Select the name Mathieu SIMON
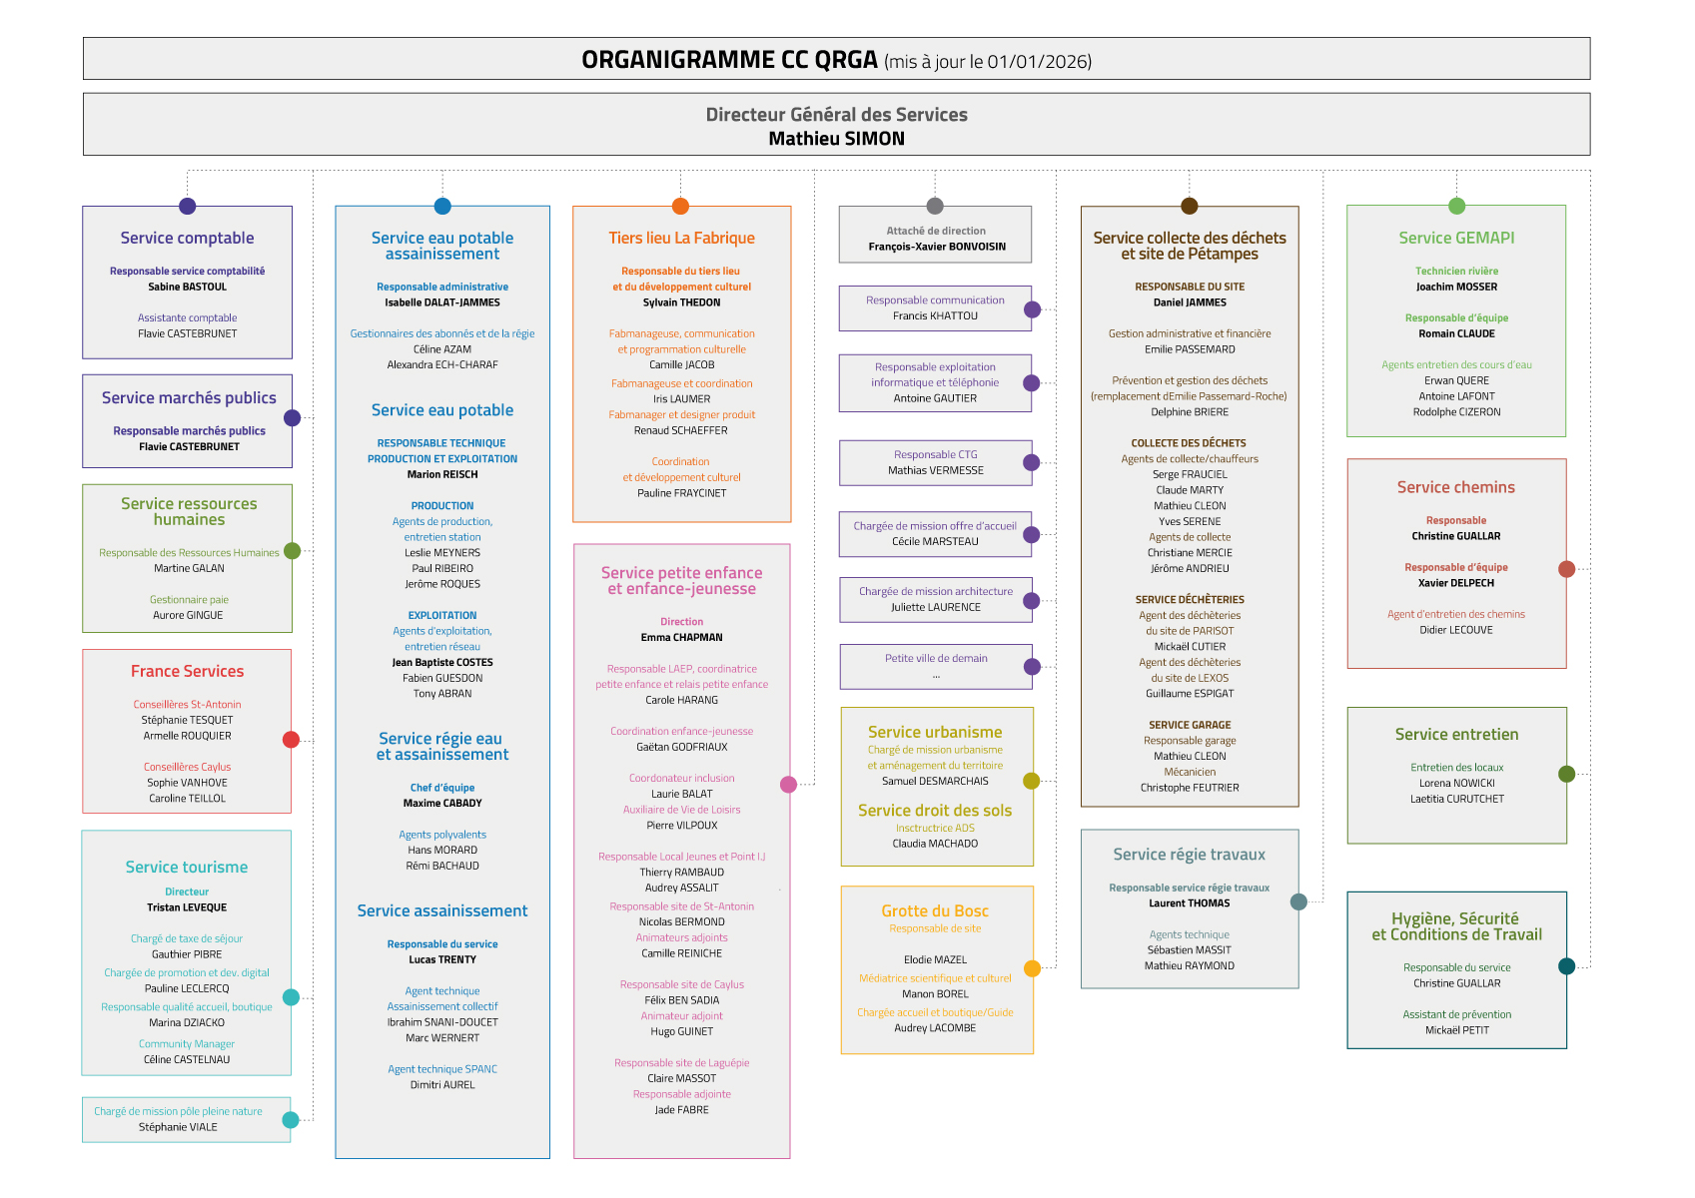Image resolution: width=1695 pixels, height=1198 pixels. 836,139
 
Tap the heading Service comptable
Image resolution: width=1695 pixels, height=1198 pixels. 187,238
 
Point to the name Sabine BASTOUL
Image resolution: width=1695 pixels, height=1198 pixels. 187,287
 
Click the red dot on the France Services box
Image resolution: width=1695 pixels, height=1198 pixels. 291,740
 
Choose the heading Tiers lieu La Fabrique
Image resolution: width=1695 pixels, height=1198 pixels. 681,238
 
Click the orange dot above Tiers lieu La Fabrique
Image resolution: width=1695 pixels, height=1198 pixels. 680,207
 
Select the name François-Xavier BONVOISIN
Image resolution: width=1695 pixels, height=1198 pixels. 936,247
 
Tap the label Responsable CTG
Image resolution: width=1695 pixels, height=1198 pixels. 936,454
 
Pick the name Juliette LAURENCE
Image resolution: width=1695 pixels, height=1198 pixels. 936,607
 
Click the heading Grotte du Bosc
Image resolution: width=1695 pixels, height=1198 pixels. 935,910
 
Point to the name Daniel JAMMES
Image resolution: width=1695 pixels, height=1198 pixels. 1190,302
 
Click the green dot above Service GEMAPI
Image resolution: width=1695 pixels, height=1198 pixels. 1456,207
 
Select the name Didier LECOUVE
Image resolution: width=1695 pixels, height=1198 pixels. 1456,630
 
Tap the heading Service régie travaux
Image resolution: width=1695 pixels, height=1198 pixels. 1189,855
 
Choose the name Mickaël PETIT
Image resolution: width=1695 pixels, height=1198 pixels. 1456,1030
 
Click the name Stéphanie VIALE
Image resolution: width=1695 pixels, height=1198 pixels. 178,1127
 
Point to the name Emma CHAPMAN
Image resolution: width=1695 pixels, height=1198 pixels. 681,637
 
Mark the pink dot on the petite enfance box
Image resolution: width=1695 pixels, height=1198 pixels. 788,785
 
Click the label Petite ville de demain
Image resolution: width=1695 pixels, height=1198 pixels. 936,658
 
